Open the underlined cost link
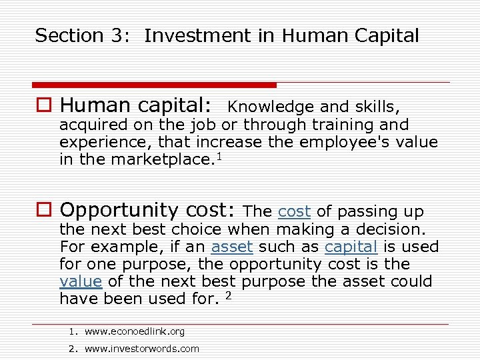(294, 212)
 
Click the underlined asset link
(232, 247)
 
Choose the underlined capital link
(351, 247)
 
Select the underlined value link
(81, 281)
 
